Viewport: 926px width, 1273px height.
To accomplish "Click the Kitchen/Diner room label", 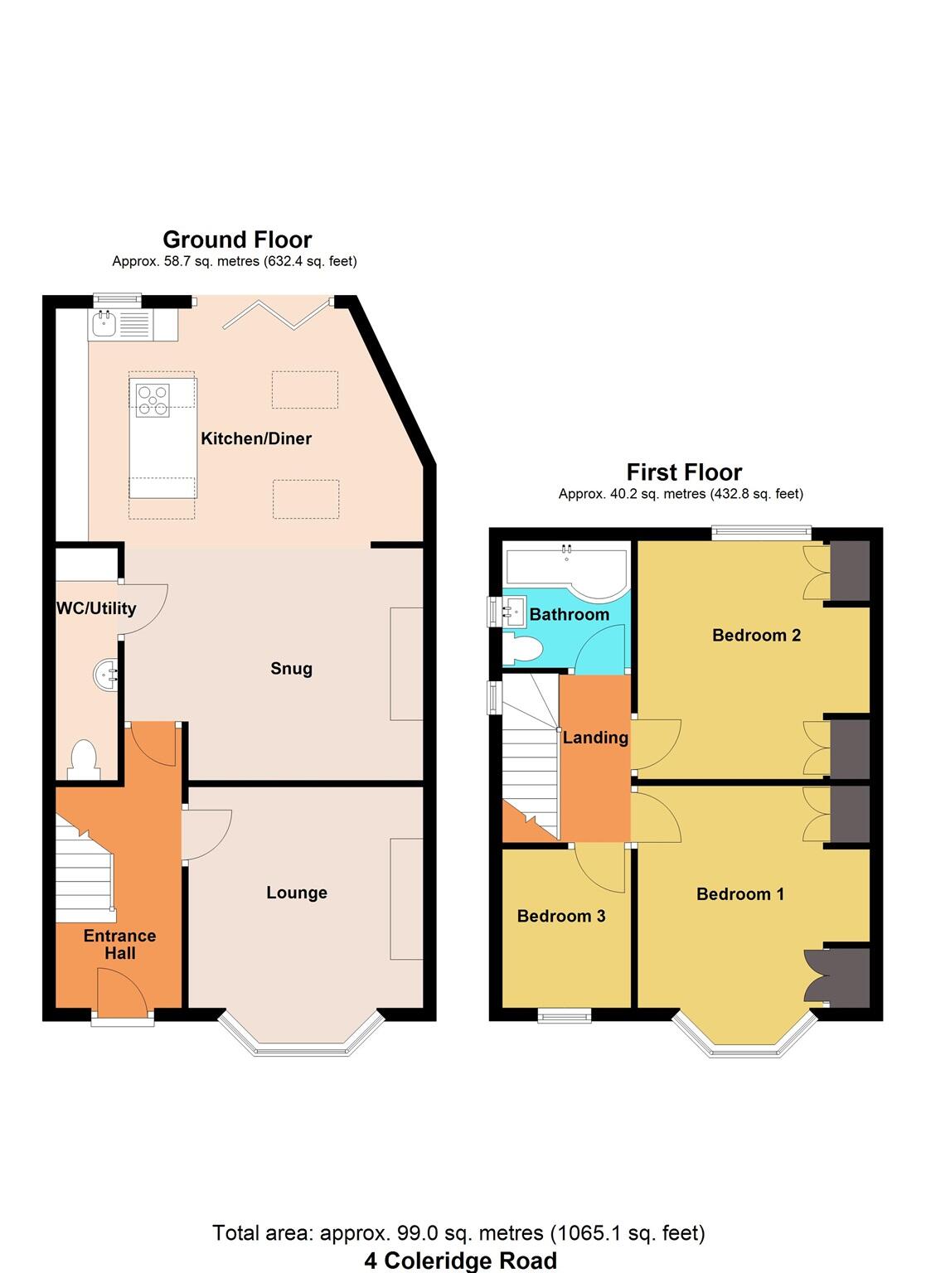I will pyautogui.click(x=256, y=438).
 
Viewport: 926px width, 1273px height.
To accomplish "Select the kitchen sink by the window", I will pyautogui.click(x=104, y=325).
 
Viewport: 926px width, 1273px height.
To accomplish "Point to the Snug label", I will pyautogui.click(x=291, y=668).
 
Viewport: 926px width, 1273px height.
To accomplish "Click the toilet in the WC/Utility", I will pyautogui.click(x=83, y=759).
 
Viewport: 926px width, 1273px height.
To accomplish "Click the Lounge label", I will pyautogui.click(x=296, y=893).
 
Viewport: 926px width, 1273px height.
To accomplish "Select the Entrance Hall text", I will pyautogui.click(x=119, y=944).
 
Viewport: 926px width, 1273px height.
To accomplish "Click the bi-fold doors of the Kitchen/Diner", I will pyautogui.click(x=277, y=314).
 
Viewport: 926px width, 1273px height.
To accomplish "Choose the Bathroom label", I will pyautogui.click(x=569, y=614).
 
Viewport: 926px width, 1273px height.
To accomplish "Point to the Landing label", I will pyautogui.click(x=595, y=737).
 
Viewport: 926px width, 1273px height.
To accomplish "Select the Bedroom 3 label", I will pyautogui.click(x=560, y=916).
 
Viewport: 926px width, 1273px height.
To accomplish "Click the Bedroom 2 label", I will pyautogui.click(x=756, y=635).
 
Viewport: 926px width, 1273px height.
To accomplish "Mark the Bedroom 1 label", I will pyautogui.click(x=739, y=893).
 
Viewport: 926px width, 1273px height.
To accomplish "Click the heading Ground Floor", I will pyautogui.click(x=237, y=240).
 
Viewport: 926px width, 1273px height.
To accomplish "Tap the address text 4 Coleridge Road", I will pyautogui.click(x=460, y=1261).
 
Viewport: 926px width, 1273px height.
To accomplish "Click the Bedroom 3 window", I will pyautogui.click(x=564, y=1014).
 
